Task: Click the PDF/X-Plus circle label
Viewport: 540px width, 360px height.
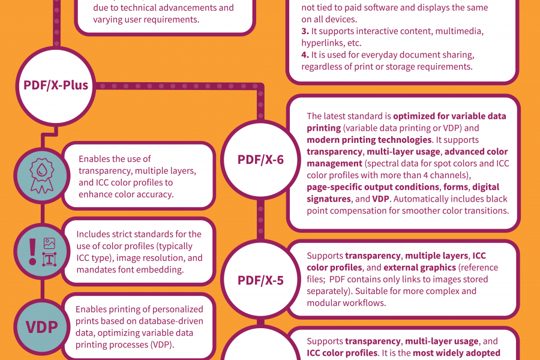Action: click(56, 85)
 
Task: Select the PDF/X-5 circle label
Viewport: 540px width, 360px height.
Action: click(260, 280)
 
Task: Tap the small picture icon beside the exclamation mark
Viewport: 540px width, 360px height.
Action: click(49, 244)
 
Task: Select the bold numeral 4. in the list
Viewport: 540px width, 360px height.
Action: click(304, 54)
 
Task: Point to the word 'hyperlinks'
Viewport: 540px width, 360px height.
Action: click(321, 43)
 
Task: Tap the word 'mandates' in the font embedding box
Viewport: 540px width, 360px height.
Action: click(95, 270)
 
